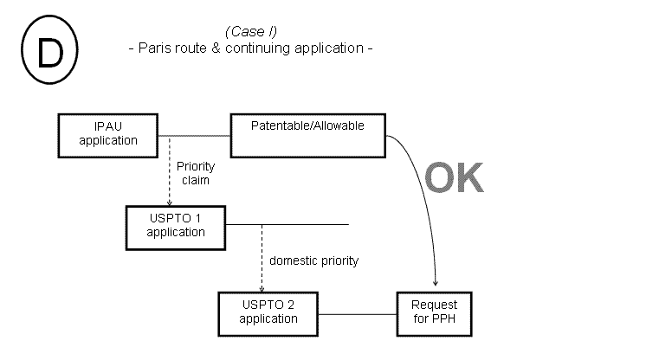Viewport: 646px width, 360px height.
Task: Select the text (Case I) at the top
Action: click(x=249, y=32)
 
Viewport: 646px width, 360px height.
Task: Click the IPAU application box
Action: click(x=108, y=134)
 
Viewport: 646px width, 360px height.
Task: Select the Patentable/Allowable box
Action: click(x=307, y=135)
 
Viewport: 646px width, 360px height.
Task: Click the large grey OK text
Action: click(x=453, y=177)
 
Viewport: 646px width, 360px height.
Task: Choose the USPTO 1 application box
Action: click(x=176, y=225)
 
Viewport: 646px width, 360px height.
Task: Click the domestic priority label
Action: click(x=313, y=260)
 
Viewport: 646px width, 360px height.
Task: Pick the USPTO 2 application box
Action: click(x=268, y=312)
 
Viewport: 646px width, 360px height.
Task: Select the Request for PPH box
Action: click(x=434, y=312)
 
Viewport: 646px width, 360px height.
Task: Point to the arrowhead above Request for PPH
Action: click(x=434, y=285)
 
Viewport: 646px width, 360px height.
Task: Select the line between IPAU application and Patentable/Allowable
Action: click(x=194, y=136)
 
